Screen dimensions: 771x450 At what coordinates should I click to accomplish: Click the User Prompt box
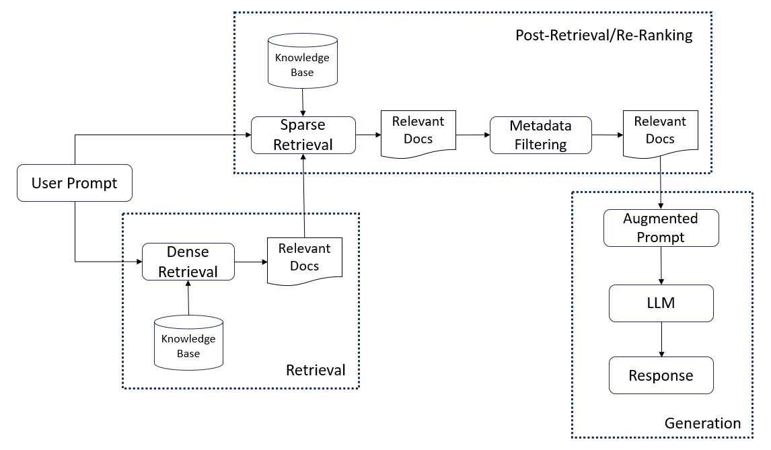click(75, 183)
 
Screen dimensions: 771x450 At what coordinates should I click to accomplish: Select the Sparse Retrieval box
click(303, 135)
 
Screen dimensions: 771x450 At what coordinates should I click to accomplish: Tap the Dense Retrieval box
click(188, 262)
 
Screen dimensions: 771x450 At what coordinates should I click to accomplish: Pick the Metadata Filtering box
click(541, 135)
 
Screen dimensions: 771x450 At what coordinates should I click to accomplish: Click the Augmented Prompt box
click(661, 228)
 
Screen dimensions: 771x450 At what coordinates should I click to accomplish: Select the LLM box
click(661, 303)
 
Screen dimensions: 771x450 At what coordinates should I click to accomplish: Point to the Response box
click(661, 375)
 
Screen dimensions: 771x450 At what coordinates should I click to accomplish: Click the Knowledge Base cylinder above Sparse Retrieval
click(302, 61)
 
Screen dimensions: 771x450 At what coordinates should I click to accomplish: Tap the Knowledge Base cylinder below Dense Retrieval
click(189, 343)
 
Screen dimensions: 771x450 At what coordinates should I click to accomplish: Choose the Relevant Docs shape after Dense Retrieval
click(304, 261)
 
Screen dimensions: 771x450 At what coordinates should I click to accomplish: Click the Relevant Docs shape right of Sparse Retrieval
click(418, 134)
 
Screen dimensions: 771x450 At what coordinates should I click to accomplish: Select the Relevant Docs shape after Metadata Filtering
click(661, 134)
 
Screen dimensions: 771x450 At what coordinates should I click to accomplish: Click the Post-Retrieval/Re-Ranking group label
click(604, 36)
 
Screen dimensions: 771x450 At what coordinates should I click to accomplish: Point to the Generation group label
click(702, 423)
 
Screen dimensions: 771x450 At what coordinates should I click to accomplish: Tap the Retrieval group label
click(316, 370)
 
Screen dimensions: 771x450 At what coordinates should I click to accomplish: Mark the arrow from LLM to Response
click(661, 339)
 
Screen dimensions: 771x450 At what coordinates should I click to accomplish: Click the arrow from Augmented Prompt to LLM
click(661, 266)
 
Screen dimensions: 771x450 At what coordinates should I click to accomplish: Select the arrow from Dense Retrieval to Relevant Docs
click(251, 262)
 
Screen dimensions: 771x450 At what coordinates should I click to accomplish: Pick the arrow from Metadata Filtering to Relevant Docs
click(608, 135)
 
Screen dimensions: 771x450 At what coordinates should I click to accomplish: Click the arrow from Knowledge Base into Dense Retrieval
click(188, 297)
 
